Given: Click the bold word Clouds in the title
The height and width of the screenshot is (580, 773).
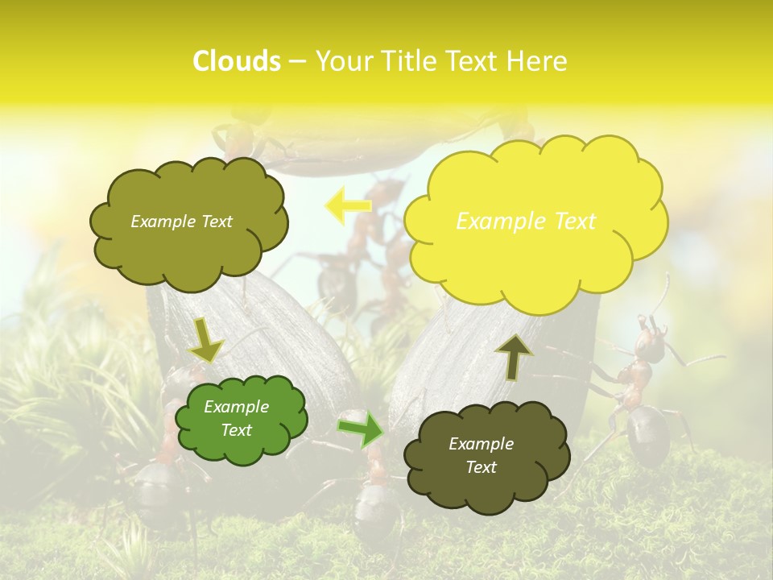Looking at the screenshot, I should pyautogui.click(x=237, y=61).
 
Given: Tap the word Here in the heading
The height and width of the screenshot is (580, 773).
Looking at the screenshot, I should pyautogui.click(x=539, y=61).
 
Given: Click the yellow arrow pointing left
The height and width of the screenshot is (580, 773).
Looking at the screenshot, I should pyautogui.click(x=348, y=206).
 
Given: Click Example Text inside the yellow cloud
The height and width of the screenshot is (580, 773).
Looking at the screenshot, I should pyautogui.click(x=526, y=221).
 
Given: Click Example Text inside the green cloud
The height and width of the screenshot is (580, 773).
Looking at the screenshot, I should pyautogui.click(x=236, y=418).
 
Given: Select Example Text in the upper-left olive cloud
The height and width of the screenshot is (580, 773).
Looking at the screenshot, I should pyautogui.click(x=181, y=221).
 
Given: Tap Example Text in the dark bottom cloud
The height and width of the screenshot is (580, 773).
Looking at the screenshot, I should pyautogui.click(x=481, y=455).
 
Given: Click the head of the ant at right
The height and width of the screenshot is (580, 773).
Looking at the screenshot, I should pyautogui.click(x=651, y=344).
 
